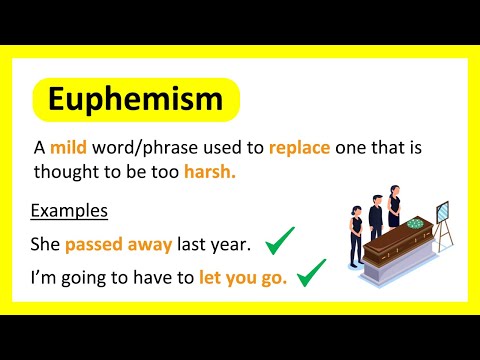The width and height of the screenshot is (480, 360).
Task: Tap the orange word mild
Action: tap(68, 148)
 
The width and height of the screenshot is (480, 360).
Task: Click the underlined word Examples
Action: tap(69, 212)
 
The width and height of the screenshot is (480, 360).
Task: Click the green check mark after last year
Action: tap(281, 240)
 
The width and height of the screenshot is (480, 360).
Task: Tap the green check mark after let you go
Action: tap(312, 272)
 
